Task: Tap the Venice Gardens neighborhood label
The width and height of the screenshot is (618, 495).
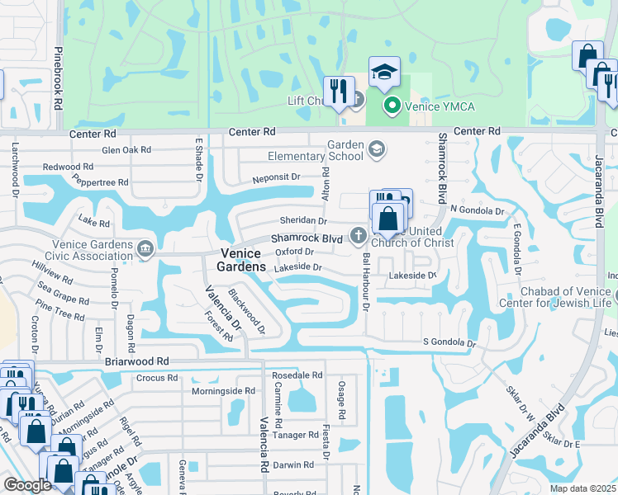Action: [241, 260]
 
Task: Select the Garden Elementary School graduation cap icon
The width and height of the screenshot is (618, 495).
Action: [376, 148]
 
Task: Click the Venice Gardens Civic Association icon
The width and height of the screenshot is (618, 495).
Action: [145, 248]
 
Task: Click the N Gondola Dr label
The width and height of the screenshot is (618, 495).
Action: [477, 211]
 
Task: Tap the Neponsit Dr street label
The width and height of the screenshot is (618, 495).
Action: [276, 177]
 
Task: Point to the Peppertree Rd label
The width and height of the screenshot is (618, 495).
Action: [101, 181]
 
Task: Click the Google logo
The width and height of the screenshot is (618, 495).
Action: [27, 485]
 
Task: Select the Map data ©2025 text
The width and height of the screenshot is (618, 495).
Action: [583, 488]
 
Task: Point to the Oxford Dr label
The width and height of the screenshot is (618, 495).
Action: [295, 252]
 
